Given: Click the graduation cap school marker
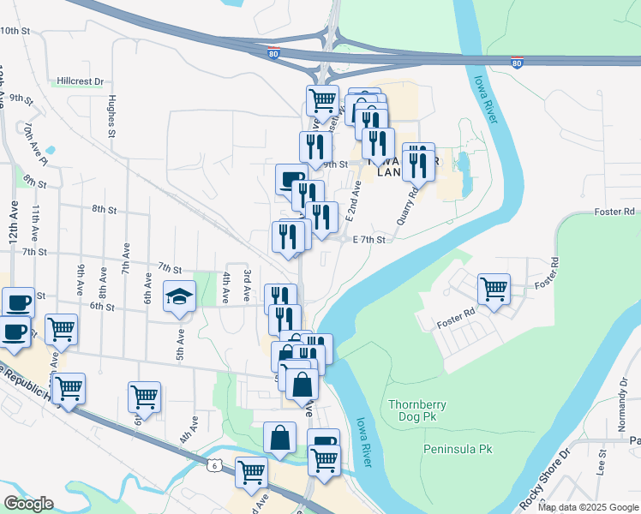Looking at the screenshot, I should pos(179,296).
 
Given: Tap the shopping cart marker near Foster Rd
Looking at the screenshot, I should pos(494,290).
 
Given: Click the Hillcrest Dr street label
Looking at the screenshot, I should pos(80,81).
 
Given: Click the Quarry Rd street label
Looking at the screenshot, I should pos(406,206).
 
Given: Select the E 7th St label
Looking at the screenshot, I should pos(370,241).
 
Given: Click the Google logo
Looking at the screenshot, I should pos(28,504).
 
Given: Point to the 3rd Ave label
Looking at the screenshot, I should pos(247,284).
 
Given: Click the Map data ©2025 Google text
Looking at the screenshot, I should pos(588,507).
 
